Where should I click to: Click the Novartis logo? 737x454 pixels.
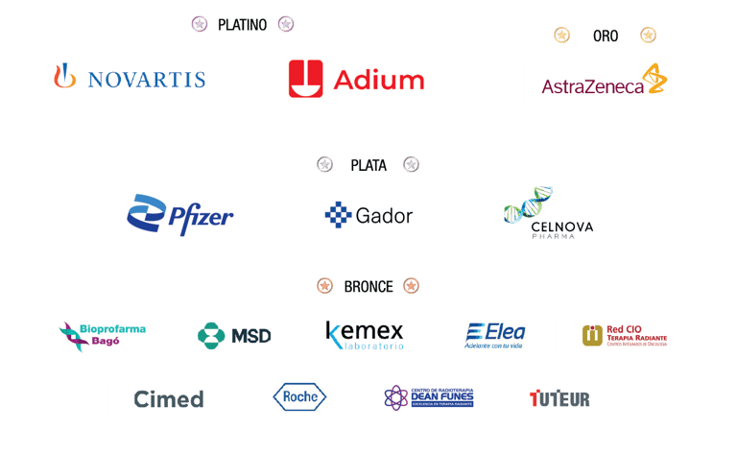tap(129, 78)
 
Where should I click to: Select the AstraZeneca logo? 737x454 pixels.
tap(606, 85)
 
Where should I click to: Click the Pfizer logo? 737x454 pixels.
tap(180, 215)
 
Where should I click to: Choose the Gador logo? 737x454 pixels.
tap(369, 215)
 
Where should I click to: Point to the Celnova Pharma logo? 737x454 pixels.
tap(554, 215)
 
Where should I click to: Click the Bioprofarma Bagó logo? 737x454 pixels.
tap(103, 335)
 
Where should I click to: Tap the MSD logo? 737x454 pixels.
tap(233, 335)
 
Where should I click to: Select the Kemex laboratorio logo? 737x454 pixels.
tap(365, 335)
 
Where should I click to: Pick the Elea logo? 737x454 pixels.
tap(494, 335)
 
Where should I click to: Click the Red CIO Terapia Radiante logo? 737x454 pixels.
tap(624, 335)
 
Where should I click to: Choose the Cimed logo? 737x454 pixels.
tap(168, 398)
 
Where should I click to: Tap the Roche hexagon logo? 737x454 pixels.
tap(298, 397)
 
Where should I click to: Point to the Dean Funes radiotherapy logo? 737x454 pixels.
tap(429, 397)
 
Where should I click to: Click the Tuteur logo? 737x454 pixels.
tap(559, 397)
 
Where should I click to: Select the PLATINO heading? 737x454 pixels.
tap(242, 25)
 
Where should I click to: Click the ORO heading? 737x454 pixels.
tap(606, 36)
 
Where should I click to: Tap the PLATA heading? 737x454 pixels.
tap(368, 165)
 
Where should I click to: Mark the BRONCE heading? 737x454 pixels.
tap(368, 286)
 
